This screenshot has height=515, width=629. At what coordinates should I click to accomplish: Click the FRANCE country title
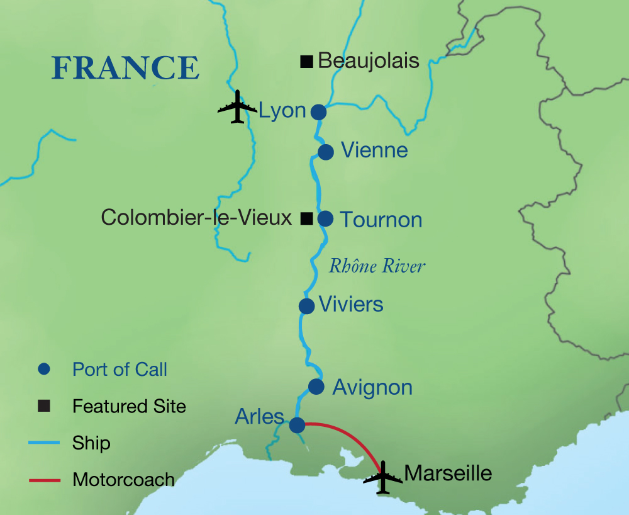coord(125,67)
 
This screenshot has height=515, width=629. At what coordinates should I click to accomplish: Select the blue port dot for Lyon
coord(319,112)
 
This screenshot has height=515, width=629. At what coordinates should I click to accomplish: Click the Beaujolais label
coord(369,61)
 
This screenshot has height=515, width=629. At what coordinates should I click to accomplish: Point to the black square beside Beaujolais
coord(306,61)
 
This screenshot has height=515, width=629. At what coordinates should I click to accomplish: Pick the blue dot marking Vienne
coord(325,152)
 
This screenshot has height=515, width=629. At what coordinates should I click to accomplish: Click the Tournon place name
coord(381,220)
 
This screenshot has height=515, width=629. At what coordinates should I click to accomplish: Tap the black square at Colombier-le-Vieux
coord(306,218)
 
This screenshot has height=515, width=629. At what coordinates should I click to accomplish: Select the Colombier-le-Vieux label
coord(196,218)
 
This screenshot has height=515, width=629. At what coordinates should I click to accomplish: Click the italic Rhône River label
coord(377,266)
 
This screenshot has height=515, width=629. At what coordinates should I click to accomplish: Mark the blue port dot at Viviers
coord(306,306)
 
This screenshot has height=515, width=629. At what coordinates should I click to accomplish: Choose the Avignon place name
coord(372,387)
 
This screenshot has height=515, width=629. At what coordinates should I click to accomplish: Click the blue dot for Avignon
coord(316,387)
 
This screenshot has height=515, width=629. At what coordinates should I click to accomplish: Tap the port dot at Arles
coord(297,426)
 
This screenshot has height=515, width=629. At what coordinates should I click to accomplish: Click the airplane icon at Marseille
coord(382,478)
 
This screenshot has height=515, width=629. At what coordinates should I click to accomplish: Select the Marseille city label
coord(448,473)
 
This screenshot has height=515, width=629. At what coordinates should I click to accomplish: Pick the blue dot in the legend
coord(43,370)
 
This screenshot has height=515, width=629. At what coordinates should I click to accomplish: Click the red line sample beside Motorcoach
coord(44,480)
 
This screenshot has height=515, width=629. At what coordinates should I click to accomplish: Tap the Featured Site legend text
coord(129,406)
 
